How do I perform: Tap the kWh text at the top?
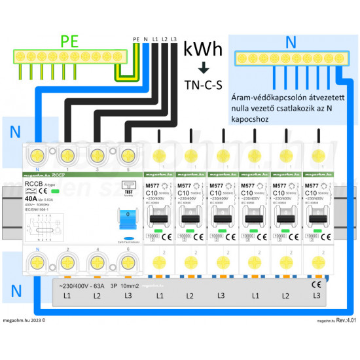click(203, 49)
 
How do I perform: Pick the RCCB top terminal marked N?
click(36, 157)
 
